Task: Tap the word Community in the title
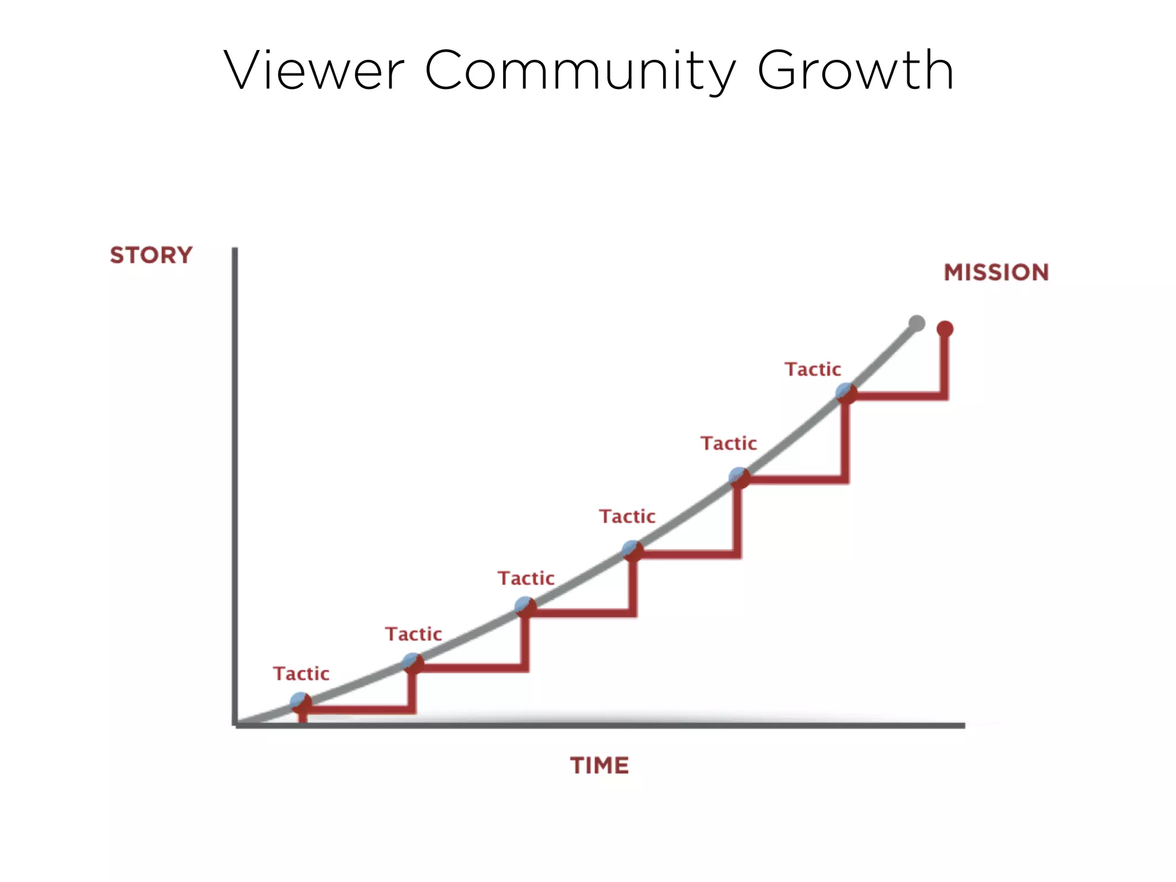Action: point(580,71)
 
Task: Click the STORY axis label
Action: point(151,255)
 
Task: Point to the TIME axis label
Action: point(599,765)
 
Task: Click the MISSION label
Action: point(996,272)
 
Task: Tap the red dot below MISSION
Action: point(945,329)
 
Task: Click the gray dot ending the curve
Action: point(917,323)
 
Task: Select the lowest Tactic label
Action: point(301,674)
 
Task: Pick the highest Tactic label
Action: point(813,369)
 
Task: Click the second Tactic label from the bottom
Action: point(413,634)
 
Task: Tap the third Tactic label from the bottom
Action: point(526,578)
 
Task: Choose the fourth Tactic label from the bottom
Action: point(627,516)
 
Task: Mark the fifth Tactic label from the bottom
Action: point(729,443)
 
